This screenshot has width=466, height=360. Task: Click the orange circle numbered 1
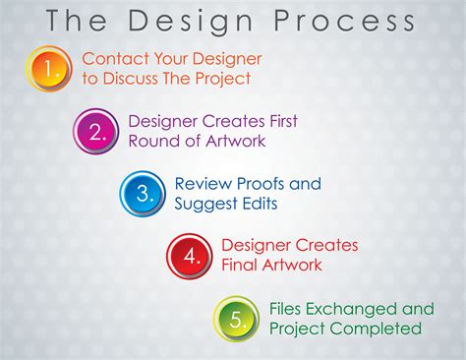pos(48,68)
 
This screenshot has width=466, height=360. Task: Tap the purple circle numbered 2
pos(96,130)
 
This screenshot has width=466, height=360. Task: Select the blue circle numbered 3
pos(144,193)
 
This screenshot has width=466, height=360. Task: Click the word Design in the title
pos(202,21)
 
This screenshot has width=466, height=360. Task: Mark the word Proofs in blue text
pos(265,184)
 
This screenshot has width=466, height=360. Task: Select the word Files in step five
pos(288,308)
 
